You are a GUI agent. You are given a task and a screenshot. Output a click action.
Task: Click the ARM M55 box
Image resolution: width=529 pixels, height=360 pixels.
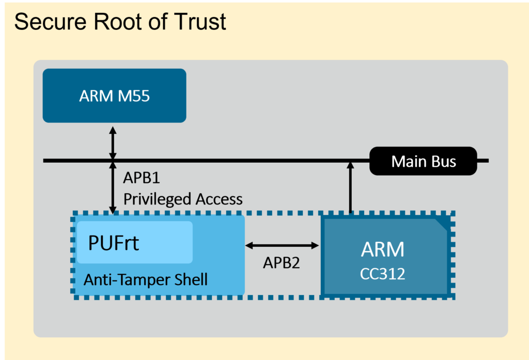tap(114, 96)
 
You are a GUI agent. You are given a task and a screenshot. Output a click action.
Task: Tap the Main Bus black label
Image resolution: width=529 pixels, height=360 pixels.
tap(424, 161)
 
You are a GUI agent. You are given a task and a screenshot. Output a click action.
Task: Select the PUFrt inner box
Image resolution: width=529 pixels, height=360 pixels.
tap(135, 242)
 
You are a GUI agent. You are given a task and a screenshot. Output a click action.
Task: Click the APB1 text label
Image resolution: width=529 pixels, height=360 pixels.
tap(142, 178)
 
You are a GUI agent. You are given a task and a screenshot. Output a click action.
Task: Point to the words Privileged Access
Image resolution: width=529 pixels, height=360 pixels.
tap(183, 199)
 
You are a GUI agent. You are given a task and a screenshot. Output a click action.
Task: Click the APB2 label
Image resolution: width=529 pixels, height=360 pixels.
tap(281, 262)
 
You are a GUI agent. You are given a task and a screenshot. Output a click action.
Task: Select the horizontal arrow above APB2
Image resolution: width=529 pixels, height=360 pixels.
tap(282, 245)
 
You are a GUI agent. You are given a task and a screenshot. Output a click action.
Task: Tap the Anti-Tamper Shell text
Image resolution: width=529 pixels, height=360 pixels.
tap(146, 280)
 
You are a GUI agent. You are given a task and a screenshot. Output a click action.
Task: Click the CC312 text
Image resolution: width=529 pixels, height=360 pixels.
tap(382, 274)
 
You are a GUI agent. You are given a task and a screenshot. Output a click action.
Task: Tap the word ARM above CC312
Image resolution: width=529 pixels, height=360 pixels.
tap(382, 249)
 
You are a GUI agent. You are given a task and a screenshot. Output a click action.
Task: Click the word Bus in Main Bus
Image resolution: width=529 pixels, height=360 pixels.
tap(445, 161)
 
